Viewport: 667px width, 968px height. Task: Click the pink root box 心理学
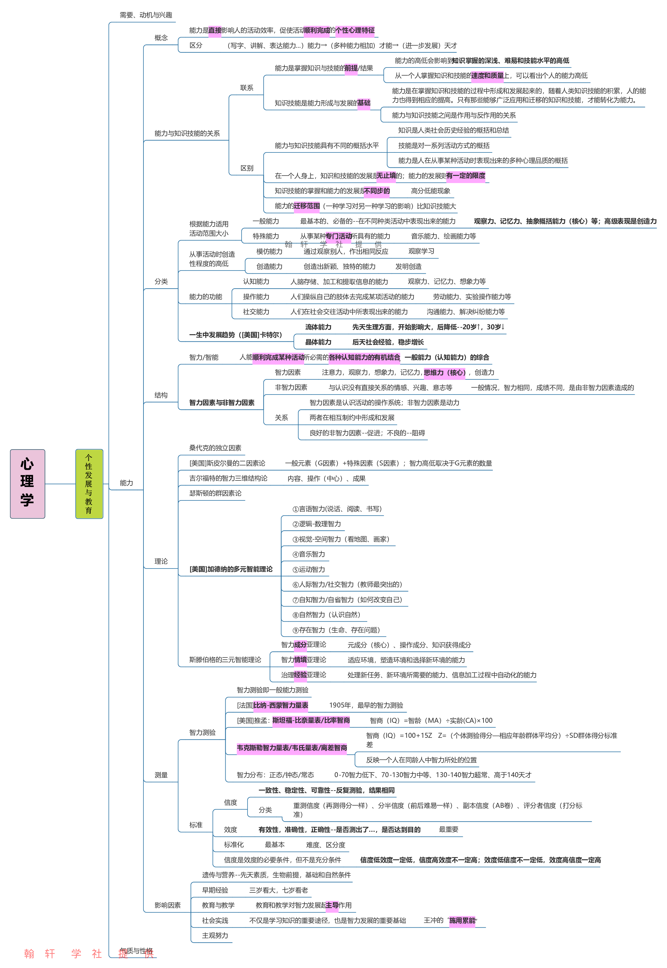pos(27,483)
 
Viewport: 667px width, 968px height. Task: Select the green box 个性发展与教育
pos(89,483)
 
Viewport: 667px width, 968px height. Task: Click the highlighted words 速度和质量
pos(487,76)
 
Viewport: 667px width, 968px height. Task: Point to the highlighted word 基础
pos(364,103)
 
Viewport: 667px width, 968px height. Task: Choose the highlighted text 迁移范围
pos(306,206)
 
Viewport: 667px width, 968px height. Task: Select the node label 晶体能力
pos(318,342)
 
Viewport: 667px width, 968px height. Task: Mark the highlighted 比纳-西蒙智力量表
pos(281,705)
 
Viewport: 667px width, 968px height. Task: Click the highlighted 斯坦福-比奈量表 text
pos(311,720)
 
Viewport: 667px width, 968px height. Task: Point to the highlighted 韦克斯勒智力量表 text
pos(292,748)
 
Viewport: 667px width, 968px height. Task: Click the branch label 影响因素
pos(167,905)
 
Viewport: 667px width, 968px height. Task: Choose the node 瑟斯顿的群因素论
pos(215,493)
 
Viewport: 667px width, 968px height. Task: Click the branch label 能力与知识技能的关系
pos(187,133)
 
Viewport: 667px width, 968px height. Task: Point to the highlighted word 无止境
pos(386,176)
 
